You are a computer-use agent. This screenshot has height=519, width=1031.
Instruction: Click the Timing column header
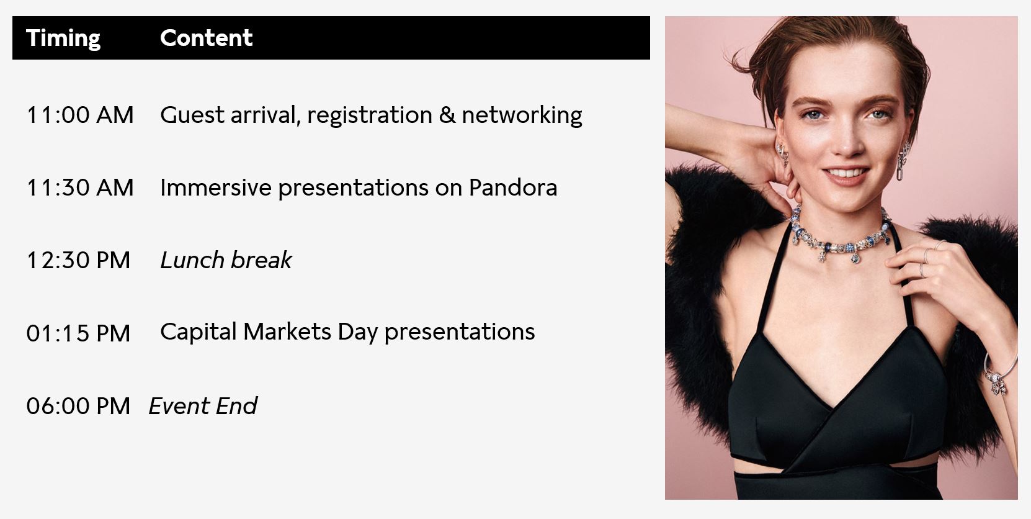[x=63, y=38]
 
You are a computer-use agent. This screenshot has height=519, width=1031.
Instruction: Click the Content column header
[x=206, y=38]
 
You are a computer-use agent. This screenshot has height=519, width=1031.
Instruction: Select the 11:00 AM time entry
[x=80, y=115]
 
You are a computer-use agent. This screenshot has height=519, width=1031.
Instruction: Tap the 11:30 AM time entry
[x=80, y=187]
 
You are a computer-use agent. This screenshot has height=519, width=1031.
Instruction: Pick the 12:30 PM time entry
[x=79, y=260]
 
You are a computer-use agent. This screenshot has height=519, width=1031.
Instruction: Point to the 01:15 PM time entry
[x=78, y=333]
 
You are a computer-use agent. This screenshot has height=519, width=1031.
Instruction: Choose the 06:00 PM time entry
[x=78, y=406]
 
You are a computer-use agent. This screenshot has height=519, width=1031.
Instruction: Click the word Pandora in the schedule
[x=513, y=187]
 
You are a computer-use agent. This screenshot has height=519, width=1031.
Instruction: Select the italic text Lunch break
[x=226, y=260]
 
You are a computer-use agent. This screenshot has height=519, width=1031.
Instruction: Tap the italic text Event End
[x=203, y=406]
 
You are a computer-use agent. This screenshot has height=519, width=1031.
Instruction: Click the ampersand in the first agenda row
[x=447, y=115]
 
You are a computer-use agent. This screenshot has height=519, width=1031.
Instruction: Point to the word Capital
[x=199, y=332]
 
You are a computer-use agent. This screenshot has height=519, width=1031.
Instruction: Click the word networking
[x=522, y=115]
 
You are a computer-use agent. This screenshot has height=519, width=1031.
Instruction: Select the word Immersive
[x=216, y=187]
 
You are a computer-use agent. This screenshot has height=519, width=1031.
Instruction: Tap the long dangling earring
[x=903, y=161]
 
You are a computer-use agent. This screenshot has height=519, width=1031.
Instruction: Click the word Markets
[x=287, y=332]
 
